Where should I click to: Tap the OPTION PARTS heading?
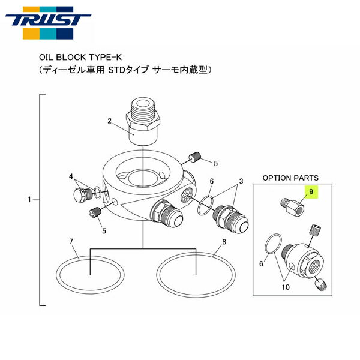click(x=290, y=178)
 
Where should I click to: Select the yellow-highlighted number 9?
click(x=311, y=192)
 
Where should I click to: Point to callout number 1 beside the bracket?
click(x=30, y=199)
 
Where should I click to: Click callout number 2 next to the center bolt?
click(x=110, y=120)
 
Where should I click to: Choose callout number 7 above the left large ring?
click(x=71, y=242)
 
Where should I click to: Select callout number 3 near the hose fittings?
click(x=241, y=182)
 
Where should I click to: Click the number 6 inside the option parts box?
click(x=262, y=262)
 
